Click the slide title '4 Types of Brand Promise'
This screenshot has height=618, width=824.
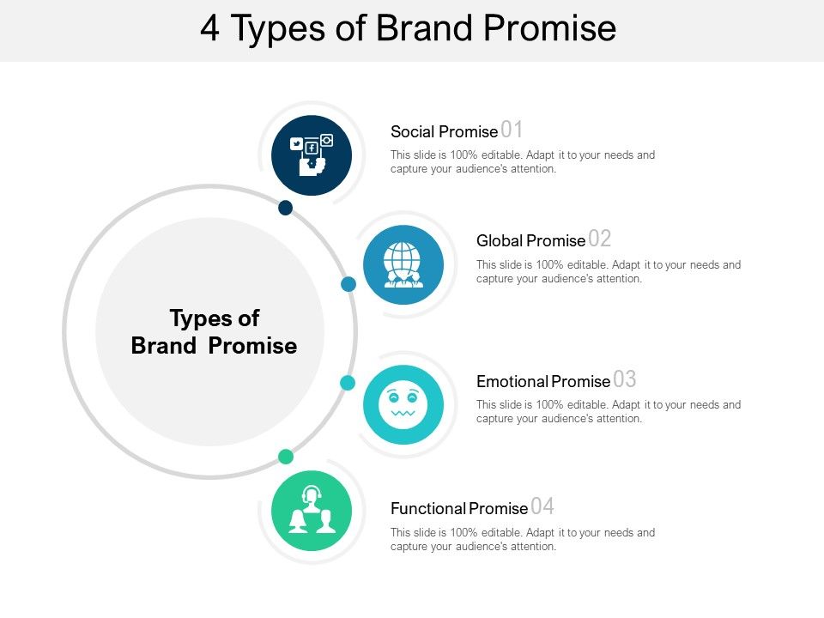click(409, 28)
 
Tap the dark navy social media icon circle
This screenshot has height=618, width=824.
click(312, 155)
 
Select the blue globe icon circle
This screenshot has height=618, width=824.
click(403, 265)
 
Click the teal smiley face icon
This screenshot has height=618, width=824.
click(403, 404)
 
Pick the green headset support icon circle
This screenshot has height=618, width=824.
click(312, 512)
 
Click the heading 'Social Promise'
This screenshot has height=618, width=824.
click(444, 132)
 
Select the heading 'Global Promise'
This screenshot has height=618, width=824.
click(530, 241)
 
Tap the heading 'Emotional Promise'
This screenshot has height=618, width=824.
click(542, 381)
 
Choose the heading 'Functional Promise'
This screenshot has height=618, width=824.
click(458, 509)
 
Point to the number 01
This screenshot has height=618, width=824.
click(512, 130)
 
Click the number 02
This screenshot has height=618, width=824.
click(600, 239)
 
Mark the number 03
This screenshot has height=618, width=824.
click(625, 379)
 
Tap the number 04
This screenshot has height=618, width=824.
click(542, 506)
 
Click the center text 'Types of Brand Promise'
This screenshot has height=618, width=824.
click(214, 332)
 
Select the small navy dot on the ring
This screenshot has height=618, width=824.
click(286, 208)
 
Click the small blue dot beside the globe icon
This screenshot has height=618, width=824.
click(348, 283)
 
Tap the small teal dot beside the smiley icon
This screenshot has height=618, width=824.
click(348, 383)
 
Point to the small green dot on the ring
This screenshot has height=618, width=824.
click(286, 456)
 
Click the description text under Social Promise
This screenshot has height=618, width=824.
click(522, 162)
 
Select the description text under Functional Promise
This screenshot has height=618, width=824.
click(522, 539)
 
